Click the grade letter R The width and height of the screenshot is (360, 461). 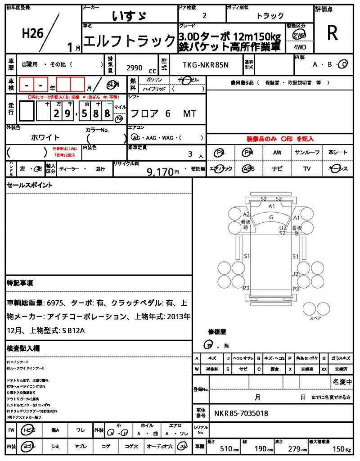click(333, 33)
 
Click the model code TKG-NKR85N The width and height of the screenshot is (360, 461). click(206, 65)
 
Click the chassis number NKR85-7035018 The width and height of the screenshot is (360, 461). click(241, 413)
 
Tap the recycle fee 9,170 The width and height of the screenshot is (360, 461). click(160, 172)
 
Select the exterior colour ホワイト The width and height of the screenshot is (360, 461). click(45, 137)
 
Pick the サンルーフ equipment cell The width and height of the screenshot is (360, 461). click(307, 153)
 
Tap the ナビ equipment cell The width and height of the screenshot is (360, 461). click(277, 169)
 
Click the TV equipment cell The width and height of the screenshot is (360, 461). click(307, 169)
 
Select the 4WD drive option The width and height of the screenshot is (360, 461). click(297, 46)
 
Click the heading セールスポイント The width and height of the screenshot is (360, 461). click(30, 185)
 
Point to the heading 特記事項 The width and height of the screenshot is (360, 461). click(19, 283)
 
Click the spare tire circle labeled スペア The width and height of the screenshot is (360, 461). click(311, 308)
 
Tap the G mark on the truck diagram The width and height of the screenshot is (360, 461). click(271, 217)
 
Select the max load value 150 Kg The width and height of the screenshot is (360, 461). click(337, 449)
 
